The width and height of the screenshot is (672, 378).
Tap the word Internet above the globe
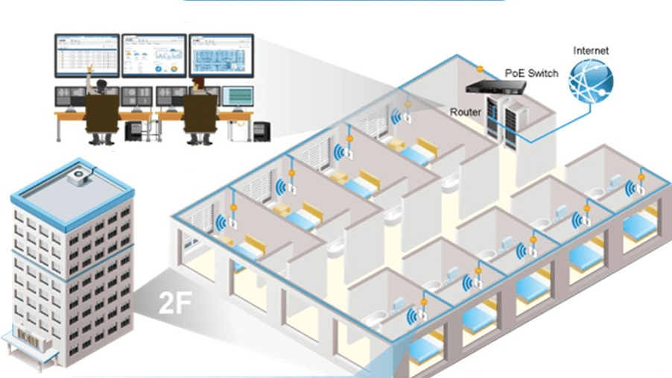pos(591,51)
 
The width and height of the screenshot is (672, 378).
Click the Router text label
pos(465,112)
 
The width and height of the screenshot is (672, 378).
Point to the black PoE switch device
pos(498,86)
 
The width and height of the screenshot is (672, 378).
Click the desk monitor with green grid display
pos(238,97)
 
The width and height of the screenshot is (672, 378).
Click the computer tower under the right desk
pos(261,131)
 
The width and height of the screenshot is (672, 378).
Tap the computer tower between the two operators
pos(134,131)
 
